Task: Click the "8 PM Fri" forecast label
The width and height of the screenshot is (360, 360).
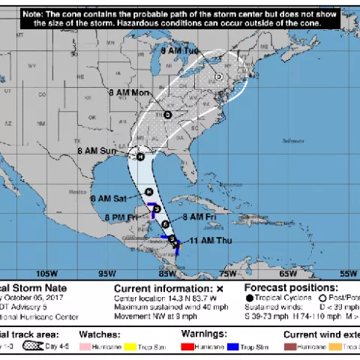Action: coord(122,217)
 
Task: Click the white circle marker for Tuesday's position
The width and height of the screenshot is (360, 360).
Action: coord(219,76)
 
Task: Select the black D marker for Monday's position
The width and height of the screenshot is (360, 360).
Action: coord(168,115)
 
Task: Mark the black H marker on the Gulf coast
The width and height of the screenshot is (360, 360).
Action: coord(140,156)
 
